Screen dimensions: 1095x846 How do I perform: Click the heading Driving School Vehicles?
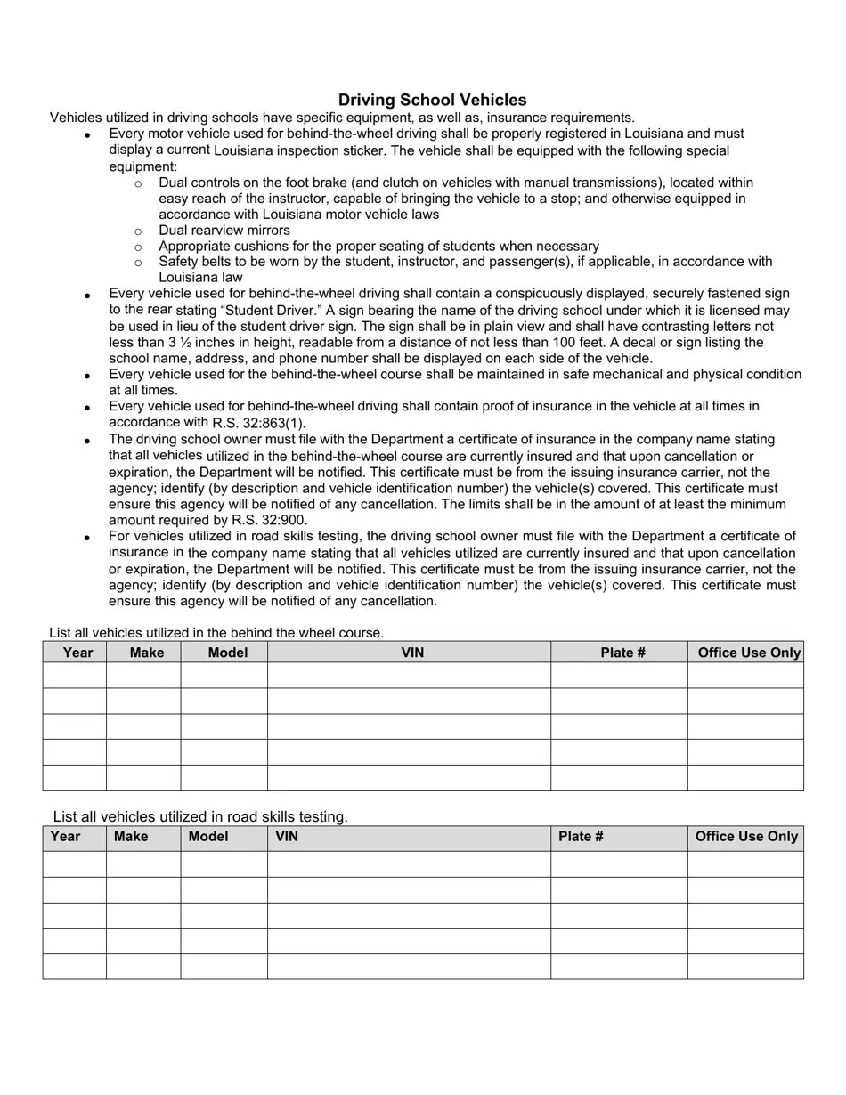[x=432, y=100]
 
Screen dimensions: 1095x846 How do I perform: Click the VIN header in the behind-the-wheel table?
[x=411, y=653]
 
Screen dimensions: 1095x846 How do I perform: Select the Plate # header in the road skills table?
[x=581, y=837]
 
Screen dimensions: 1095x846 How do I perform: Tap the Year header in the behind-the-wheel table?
[x=77, y=653]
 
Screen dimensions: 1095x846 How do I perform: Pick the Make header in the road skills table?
[x=131, y=837]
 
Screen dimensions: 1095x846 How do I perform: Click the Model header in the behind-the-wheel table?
[x=227, y=653]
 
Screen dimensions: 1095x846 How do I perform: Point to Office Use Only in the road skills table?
[x=746, y=837]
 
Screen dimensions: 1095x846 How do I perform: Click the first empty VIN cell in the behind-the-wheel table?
[x=409, y=676]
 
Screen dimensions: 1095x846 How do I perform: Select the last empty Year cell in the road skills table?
[x=74, y=967]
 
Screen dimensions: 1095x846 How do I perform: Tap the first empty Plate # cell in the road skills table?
[x=619, y=864]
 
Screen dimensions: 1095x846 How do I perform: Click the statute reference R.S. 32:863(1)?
[x=259, y=423]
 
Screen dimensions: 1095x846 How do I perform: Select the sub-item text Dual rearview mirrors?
[x=224, y=231]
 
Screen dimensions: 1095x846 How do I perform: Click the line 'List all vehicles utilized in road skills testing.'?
[x=200, y=816]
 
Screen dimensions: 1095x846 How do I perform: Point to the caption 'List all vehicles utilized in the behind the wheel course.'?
[x=216, y=633]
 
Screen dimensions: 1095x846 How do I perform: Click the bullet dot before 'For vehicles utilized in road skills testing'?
[x=87, y=538]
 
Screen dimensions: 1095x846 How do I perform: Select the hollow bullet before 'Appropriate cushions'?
[x=138, y=247]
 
